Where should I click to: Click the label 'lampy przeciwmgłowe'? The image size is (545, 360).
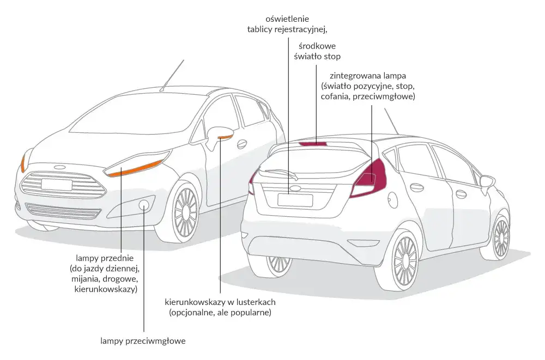[x=143, y=341]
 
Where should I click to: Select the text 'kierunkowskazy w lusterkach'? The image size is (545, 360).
[x=220, y=302]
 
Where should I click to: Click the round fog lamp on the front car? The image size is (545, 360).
[x=144, y=205]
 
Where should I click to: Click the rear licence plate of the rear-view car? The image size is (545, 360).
[x=295, y=200]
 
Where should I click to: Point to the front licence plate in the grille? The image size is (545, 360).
[x=56, y=184]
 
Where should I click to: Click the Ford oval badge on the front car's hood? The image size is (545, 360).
[x=59, y=167]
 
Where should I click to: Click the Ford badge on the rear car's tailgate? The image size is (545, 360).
[x=295, y=188]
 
